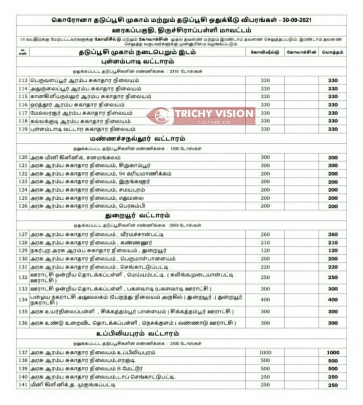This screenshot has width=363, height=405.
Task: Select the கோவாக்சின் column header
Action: (x=302, y=52)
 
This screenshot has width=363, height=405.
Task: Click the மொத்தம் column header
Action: (x=333, y=52)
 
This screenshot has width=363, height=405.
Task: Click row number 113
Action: (x=22, y=80)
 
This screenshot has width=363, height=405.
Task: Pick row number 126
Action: (x=22, y=206)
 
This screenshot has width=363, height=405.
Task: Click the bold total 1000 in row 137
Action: (x=333, y=353)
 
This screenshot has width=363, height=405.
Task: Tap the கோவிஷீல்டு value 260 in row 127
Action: (x=265, y=234)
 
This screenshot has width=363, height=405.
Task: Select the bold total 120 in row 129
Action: (x=333, y=251)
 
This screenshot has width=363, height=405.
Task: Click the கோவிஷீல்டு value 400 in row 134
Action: (x=265, y=300)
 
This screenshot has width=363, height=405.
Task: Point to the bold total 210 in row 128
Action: (x=333, y=242)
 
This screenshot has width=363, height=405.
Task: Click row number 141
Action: (x=22, y=385)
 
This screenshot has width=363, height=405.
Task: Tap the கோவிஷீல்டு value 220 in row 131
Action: (x=265, y=267)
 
